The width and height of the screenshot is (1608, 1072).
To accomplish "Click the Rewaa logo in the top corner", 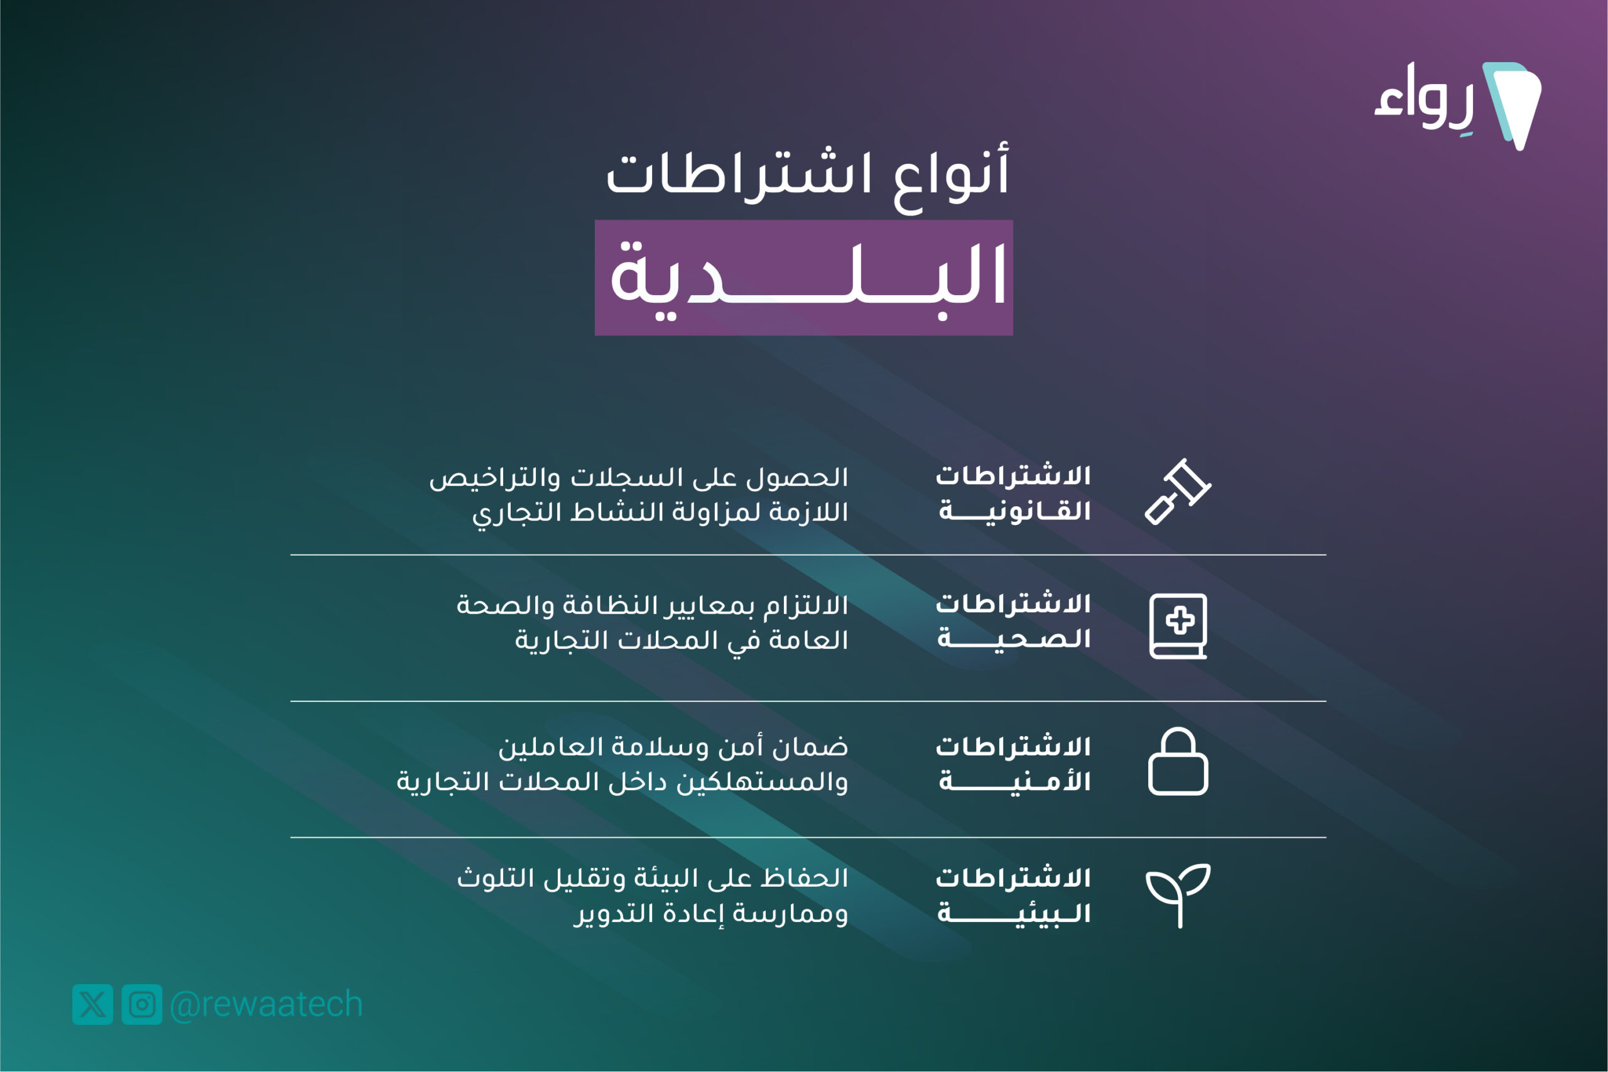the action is click(x=1458, y=106).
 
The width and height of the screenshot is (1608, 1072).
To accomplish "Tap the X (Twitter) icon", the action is click(x=92, y=1004).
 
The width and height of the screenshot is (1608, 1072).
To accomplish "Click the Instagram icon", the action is click(x=142, y=1004).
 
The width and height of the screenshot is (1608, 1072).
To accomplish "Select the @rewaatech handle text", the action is click(x=266, y=1004).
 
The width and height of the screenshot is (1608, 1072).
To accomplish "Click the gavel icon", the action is click(x=1178, y=492).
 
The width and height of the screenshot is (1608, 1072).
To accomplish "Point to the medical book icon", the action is click(x=1178, y=626).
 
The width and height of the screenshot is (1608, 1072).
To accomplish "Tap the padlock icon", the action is click(x=1178, y=761).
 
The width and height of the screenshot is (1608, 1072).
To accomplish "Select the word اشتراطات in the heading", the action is click(x=739, y=175).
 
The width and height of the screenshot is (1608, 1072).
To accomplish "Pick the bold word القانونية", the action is click(x=1014, y=511).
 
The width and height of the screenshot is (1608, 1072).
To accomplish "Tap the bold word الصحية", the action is click(x=1014, y=638).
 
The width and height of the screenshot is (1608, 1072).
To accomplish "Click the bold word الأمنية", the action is click(x=1014, y=780).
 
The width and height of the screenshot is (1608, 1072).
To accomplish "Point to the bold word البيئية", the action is click(x=1014, y=912).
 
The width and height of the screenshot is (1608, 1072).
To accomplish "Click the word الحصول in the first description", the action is click(x=797, y=477).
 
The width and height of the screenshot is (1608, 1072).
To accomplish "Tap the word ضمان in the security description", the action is click(x=810, y=747).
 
